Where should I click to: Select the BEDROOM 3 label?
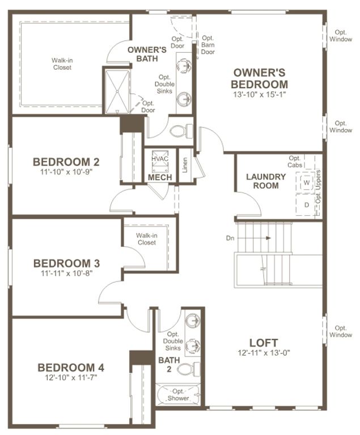click(x=66, y=263)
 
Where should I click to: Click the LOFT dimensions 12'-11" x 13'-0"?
click(x=264, y=353)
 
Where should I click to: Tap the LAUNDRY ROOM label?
click(x=265, y=181)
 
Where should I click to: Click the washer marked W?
click(x=306, y=184)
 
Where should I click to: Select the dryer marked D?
click(x=306, y=204)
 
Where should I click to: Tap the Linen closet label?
click(x=185, y=165)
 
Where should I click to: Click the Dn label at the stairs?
click(x=230, y=238)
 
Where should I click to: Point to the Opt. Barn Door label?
click(x=207, y=45)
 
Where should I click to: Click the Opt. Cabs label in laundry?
click(x=295, y=161)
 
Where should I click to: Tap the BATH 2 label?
click(x=168, y=364)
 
